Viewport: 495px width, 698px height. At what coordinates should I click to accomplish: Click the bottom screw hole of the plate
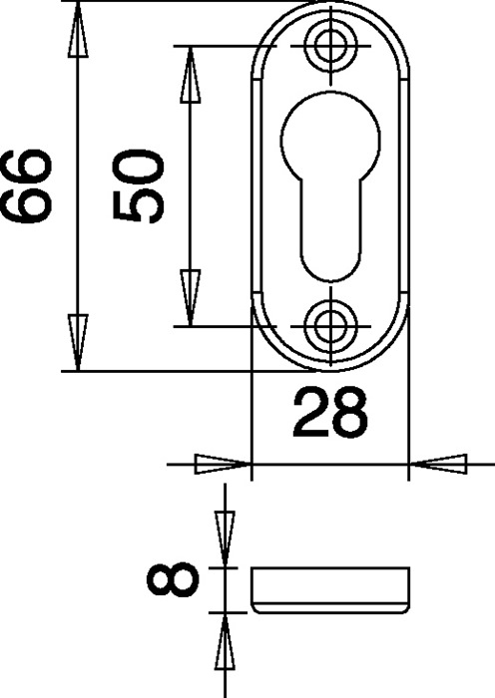coord(328,323)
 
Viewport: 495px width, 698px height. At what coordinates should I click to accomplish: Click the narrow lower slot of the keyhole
coord(328,234)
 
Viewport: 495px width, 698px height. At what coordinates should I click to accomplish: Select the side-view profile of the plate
coord(329,590)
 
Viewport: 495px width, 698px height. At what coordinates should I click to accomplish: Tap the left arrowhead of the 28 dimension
coord(222,464)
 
